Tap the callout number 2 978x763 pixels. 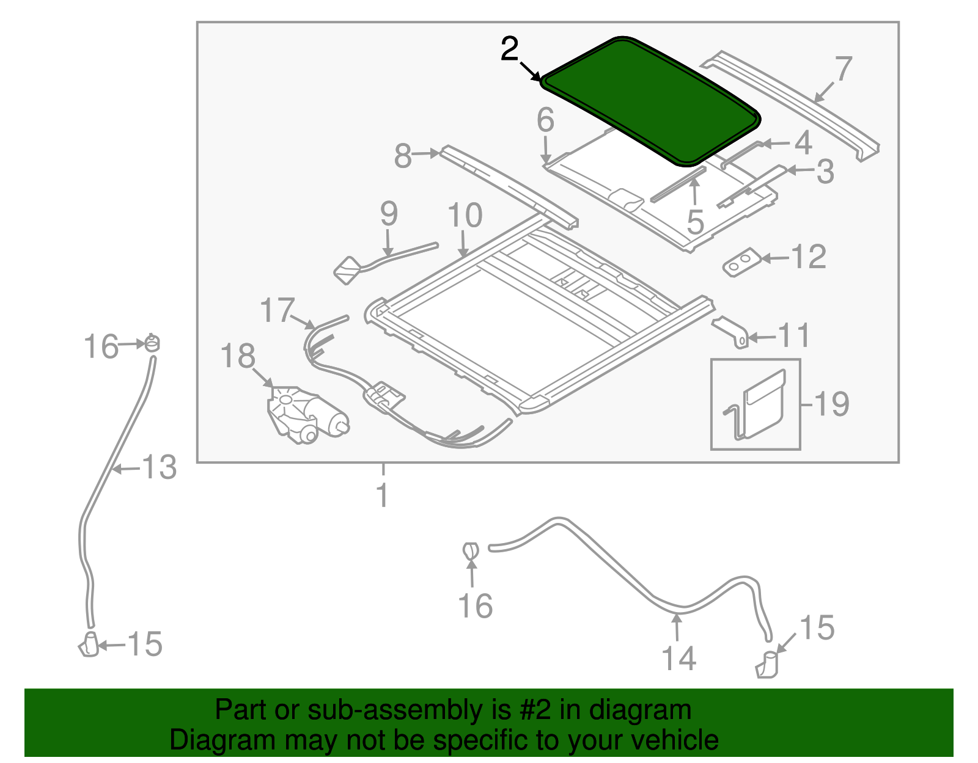509,49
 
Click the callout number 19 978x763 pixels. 832,404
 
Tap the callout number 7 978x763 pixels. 843,68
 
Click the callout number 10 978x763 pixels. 465,216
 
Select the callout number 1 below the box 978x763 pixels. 383,495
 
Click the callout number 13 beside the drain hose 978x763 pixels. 160,468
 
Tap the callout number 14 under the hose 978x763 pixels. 678,658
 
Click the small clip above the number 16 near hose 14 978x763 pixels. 469,550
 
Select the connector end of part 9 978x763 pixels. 348,270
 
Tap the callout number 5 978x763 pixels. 695,221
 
